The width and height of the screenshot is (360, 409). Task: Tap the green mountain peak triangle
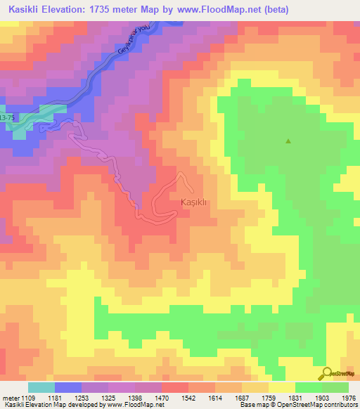[288, 141]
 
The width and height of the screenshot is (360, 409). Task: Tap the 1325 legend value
[110, 398]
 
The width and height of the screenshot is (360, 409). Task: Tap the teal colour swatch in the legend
[41, 387]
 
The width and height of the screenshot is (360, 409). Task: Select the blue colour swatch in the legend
[68, 387]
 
